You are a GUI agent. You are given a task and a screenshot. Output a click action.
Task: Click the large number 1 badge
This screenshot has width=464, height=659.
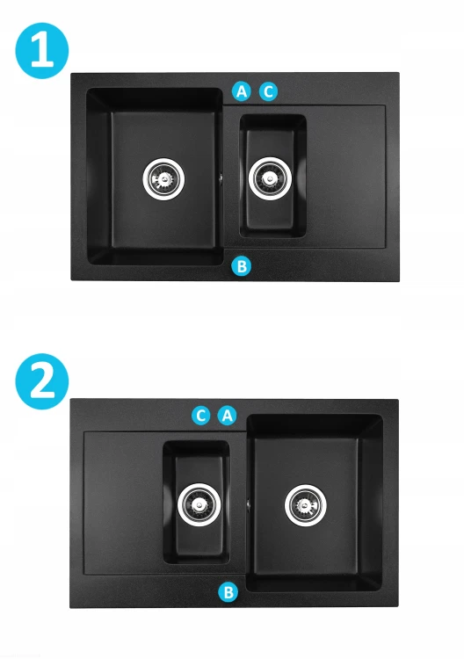click(42, 51)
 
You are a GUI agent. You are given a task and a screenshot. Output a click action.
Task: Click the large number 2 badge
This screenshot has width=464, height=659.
click(42, 381)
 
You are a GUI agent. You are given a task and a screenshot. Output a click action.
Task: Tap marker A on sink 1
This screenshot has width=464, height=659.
click(242, 91)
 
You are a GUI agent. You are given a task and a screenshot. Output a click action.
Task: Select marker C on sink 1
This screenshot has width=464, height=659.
click(268, 91)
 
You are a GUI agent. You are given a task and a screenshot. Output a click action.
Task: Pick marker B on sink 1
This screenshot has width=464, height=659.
click(242, 266)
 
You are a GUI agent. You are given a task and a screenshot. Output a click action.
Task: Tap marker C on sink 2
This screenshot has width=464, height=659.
click(201, 416)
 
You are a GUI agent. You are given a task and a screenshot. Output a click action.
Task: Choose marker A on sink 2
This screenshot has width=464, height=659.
click(227, 416)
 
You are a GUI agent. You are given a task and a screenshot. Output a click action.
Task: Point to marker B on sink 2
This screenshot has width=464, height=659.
click(228, 592)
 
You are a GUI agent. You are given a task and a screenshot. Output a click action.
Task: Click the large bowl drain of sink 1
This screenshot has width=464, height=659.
click(163, 178)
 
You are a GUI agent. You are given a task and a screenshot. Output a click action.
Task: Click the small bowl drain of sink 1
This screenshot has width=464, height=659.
click(270, 178)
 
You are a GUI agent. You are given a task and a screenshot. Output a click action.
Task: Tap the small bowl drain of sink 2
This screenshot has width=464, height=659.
click(199, 504)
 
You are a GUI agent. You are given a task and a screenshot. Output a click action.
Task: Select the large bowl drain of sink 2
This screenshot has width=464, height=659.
click(306, 505)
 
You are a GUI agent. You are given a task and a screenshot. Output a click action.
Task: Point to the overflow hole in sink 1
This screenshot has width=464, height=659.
click(221, 177)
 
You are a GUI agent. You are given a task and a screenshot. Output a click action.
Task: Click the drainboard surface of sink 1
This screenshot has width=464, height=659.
click(346, 177)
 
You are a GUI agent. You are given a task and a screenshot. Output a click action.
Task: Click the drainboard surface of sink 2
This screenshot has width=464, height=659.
click(123, 503)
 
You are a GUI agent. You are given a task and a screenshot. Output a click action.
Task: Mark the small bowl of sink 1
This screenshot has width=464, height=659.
click(272, 177)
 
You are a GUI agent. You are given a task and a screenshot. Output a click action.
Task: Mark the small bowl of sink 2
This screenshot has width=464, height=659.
click(196, 503)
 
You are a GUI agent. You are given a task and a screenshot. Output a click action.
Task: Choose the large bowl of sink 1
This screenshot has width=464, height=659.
click(155, 177)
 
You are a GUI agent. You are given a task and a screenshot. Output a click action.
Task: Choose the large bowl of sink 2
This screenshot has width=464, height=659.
click(315, 503)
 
